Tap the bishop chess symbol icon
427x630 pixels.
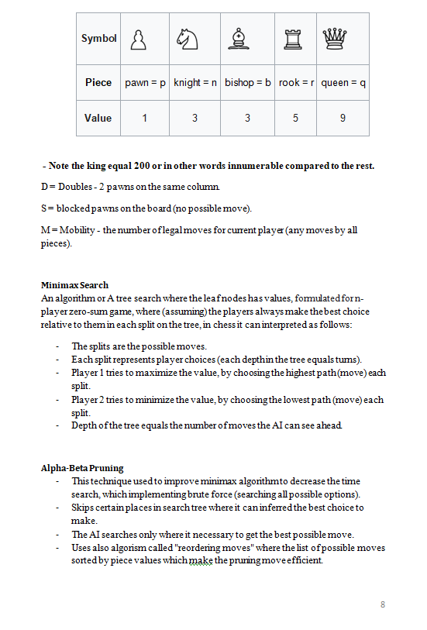pos(237,39)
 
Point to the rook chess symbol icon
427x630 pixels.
pos(291,39)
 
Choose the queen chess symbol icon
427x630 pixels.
pos(334,39)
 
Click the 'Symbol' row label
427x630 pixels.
pos(99,39)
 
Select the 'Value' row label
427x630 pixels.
pos(98,118)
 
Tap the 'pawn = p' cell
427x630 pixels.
pos(146,82)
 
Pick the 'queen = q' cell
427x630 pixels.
pos(343,82)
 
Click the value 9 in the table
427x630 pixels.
pos(343,118)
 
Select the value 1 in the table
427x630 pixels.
pos(145,118)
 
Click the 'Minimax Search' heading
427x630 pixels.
pos(74,285)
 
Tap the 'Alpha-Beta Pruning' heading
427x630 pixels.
pos(82,468)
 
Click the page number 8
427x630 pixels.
pos(383,604)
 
